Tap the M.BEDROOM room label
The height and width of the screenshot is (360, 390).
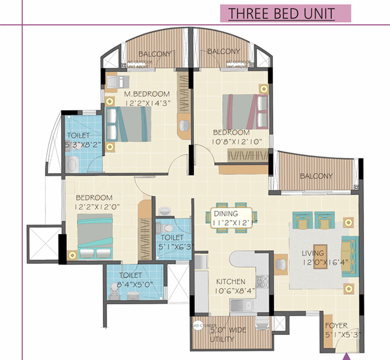147,94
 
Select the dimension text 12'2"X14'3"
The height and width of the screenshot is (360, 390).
147,103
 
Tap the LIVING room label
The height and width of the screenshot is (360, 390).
314,253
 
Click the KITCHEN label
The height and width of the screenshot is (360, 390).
230,281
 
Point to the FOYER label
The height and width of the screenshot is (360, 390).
337,326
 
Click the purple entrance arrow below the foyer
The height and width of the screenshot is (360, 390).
346,355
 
